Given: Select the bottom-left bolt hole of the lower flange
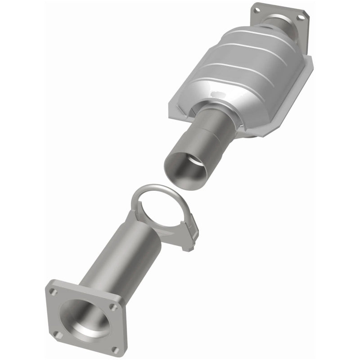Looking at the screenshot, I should (56, 334).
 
